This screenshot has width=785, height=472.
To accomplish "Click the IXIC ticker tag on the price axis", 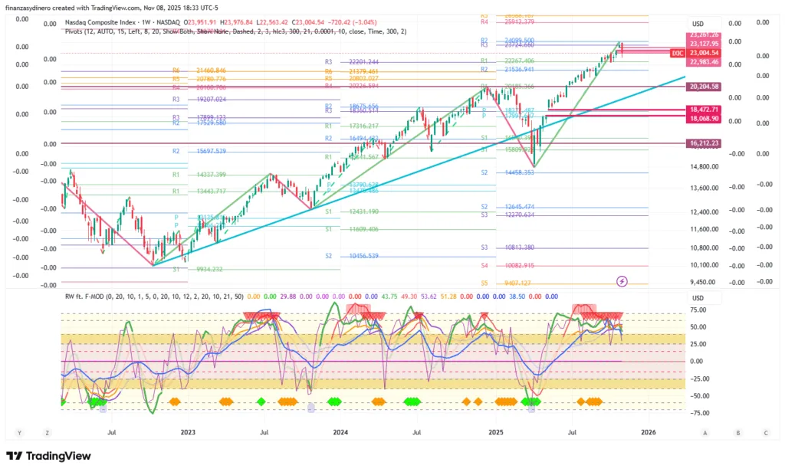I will click(x=677, y=53).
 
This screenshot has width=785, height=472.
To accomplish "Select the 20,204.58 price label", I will click(x=704, y=87).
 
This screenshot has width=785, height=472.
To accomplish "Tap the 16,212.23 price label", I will click(x=704, y=143).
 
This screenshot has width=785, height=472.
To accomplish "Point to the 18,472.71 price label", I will click(x=704, y=110).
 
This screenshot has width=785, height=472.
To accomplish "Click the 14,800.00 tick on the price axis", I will click(x=703, y=166).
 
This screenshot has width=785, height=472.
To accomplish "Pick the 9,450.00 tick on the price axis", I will click(x=703, y=282).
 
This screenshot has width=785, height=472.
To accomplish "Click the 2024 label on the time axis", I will click(x=340, y=432).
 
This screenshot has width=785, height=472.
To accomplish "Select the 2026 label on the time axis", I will click(x=648, y=432).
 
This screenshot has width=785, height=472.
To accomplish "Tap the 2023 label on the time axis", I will click(x=188, y=432).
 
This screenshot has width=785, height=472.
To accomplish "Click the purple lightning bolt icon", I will click(x=622, y=282).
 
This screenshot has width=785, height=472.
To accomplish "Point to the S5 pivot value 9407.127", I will click(x=518, y=283).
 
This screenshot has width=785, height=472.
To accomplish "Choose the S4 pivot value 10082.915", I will click(x=518, y=265).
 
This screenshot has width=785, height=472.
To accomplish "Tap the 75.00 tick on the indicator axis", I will click(x=698, y=310).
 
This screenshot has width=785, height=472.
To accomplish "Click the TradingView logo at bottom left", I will click(x=49, y=457).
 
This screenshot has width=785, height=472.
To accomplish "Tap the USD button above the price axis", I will click(x=698, y=24).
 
